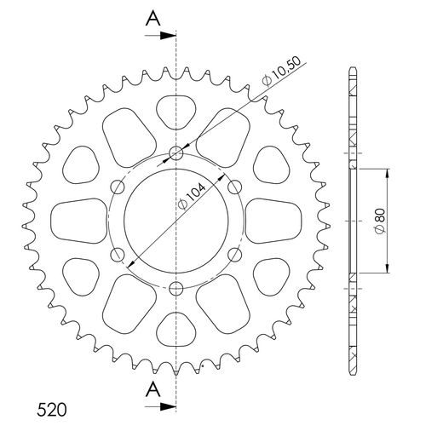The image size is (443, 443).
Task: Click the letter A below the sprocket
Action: (x=152, y=390)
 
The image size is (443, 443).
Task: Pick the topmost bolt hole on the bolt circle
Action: (x=176, y=153)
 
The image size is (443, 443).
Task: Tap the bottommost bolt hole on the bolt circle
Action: (x=176, y=287)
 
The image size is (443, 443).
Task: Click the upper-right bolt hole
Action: (x=234, y=187)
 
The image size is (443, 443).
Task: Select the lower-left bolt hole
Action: (x=118, y=253)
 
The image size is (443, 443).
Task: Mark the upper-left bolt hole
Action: (x=118, y=187)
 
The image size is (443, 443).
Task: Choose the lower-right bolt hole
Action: (x=234, y=253)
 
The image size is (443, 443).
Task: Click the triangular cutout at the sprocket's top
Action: (x=176, y=109)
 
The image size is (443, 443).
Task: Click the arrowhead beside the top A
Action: (x=170, y=36)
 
